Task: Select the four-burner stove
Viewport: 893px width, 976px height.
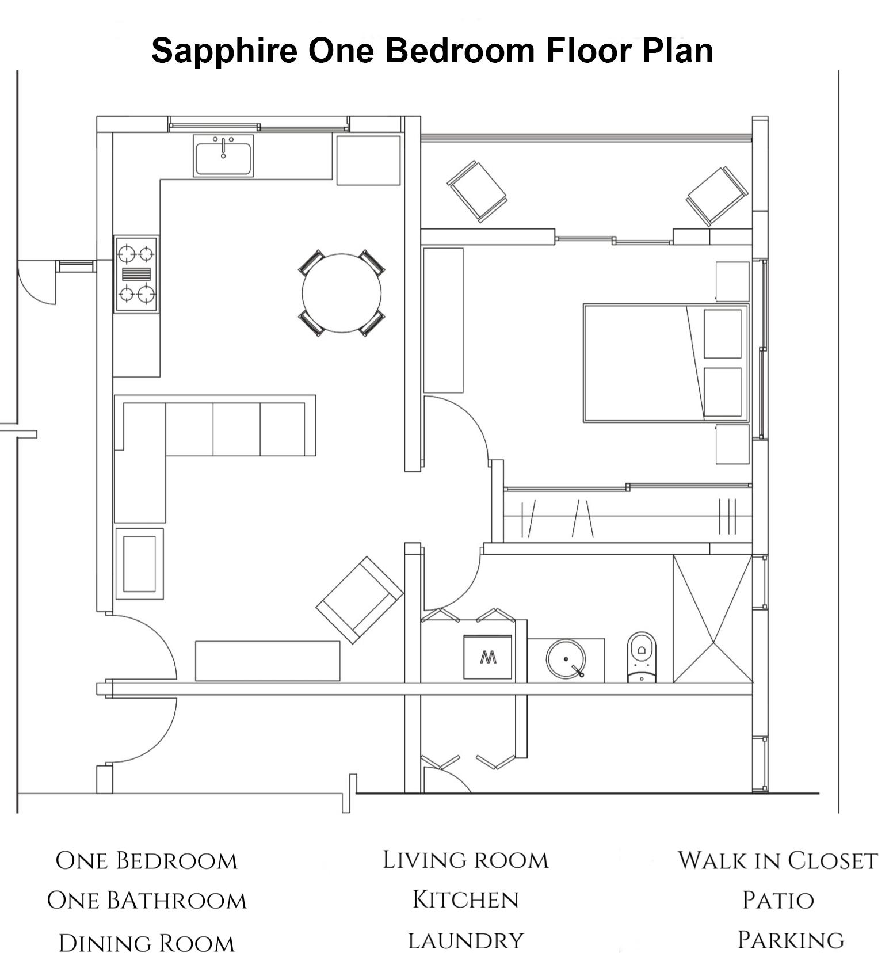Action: coord(136,274)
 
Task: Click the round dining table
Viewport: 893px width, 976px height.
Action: coord(342,293)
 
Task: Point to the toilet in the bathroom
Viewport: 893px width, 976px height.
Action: coord(642,657)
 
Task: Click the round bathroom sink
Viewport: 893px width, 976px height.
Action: coord(566,658)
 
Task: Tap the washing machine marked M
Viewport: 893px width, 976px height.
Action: coord(488,657)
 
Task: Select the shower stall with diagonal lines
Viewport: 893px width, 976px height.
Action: coord(713,619)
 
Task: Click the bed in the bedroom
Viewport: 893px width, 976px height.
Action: coord(666,363)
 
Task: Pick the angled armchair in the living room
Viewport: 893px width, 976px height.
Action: coord(360,600)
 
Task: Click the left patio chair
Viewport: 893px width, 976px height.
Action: coord(477,192)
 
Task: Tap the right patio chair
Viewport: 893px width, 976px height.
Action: coord(717,196)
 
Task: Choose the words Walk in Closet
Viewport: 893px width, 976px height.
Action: coord(777,860)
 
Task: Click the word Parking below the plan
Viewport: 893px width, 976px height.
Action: coord(791,940)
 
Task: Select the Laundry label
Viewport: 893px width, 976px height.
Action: coord(466,941)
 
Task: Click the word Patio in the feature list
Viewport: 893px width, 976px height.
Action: coord(778,900)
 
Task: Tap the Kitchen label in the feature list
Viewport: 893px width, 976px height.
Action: coord(466,899)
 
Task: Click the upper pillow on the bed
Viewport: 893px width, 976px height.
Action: coord(723,334)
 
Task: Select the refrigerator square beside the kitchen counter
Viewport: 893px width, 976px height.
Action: coord(368,161)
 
